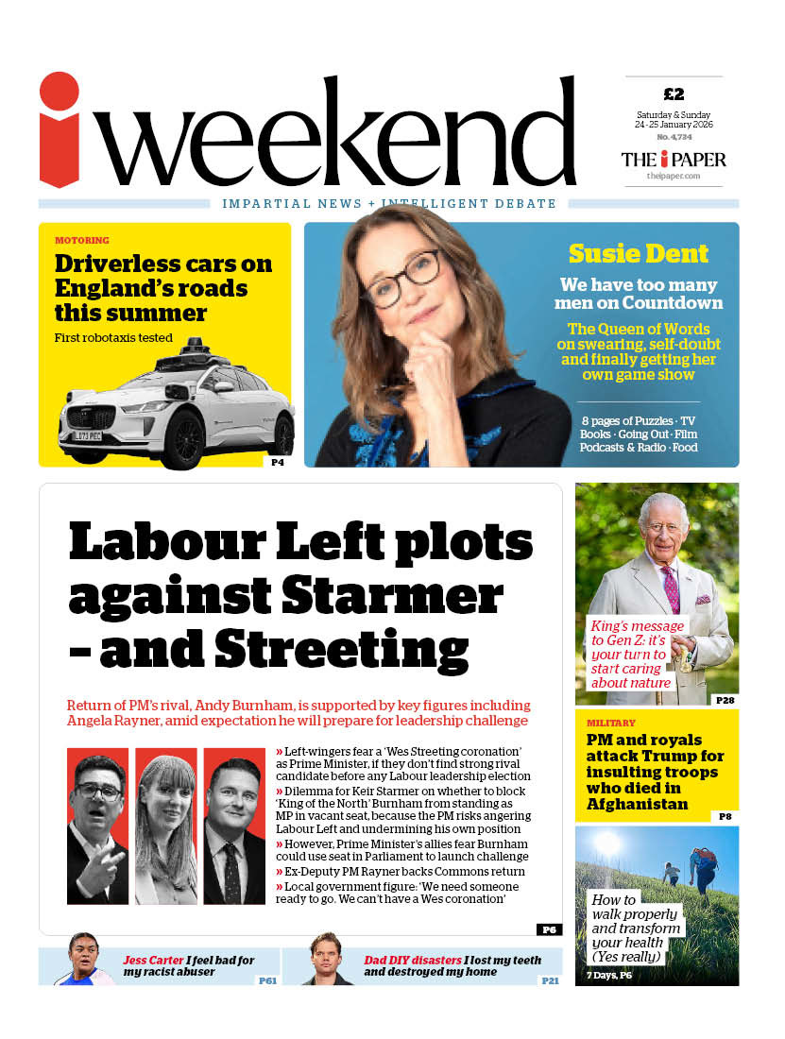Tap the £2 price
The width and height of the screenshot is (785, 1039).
pos(674,94)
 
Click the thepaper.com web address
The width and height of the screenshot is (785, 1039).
pos(674,176)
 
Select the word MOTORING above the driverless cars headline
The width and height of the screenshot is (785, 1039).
pos(82,241)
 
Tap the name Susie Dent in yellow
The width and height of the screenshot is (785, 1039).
pos(638,253)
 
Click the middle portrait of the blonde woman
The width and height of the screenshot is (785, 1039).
pos(166,826)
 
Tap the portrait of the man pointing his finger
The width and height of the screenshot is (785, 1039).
pos(98,826)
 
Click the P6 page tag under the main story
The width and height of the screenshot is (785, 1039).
pos(549,929)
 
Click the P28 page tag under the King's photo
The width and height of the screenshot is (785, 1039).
pos(725,699)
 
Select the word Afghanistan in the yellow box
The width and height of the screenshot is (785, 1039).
pos(637,804)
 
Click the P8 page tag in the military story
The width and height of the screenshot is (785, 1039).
pos(725,816)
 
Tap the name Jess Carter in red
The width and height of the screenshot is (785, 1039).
pos(153,960)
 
